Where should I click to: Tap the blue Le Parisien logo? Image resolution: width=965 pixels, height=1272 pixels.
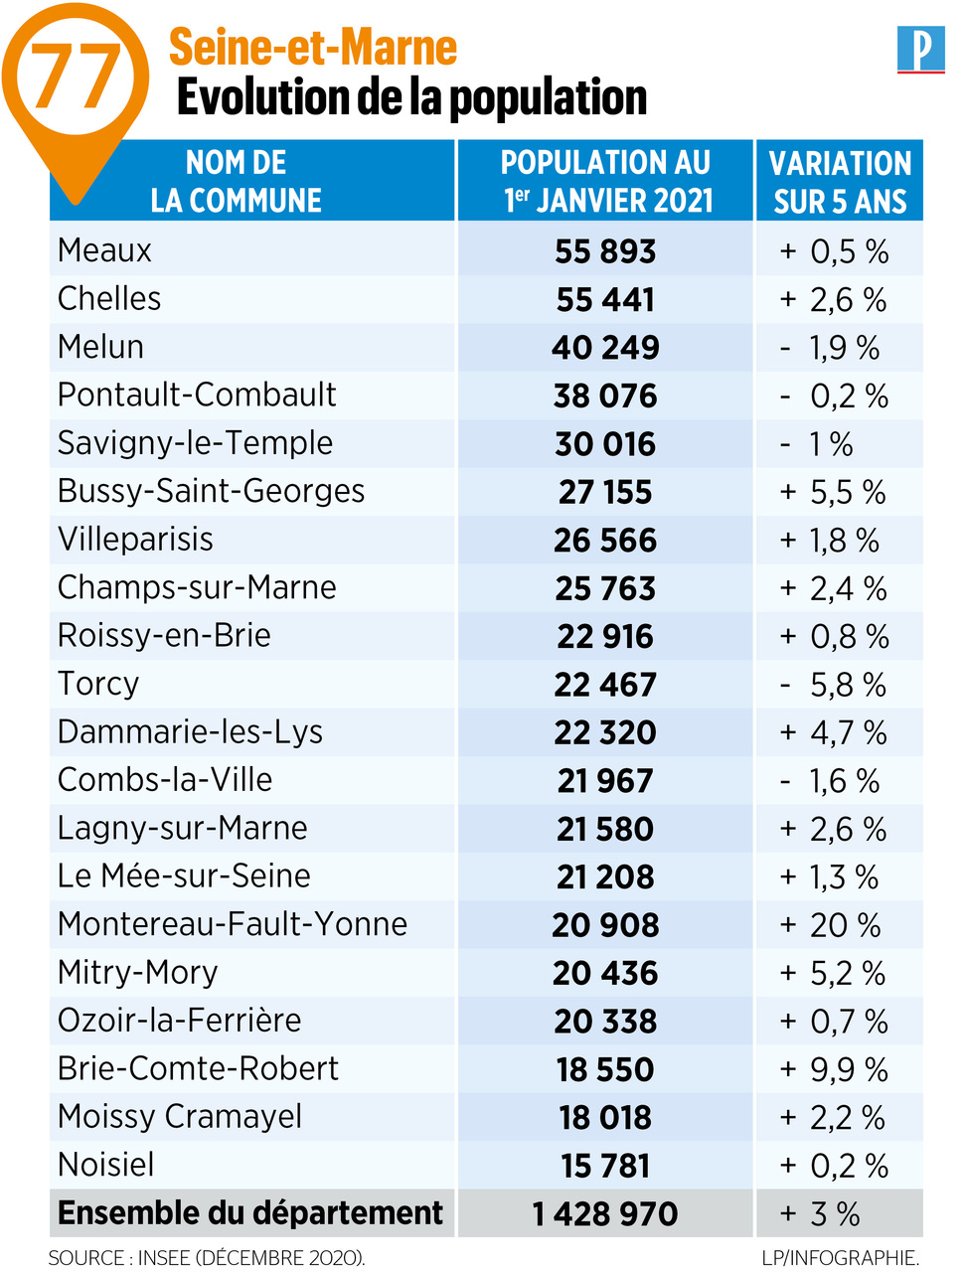920,50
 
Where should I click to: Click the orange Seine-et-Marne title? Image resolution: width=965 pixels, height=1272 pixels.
312,48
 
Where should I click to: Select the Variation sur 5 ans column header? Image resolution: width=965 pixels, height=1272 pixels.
840,181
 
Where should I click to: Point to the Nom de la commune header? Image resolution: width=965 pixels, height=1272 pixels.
237,181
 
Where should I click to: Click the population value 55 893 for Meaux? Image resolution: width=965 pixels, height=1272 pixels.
605,251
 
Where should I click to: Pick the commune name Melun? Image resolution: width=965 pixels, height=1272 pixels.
100,347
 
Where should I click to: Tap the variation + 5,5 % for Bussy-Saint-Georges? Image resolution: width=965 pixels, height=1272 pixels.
833,492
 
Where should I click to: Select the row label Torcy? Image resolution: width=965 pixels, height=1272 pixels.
98,684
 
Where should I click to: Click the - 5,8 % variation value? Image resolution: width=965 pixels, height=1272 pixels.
833,685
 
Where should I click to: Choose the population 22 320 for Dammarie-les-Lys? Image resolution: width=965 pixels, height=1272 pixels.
605,732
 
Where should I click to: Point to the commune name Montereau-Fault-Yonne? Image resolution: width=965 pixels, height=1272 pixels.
233,924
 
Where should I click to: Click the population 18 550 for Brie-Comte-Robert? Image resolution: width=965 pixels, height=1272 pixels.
605,1069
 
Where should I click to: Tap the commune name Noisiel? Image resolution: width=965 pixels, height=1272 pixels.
106,1164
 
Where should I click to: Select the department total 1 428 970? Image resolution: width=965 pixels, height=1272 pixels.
605,1213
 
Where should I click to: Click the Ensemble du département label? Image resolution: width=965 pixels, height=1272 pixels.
250,1212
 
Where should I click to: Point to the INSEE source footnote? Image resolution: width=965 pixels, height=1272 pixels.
207,1257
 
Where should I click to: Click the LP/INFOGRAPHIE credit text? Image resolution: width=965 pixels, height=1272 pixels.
840,1257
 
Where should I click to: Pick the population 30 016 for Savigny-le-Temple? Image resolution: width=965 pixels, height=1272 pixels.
605,443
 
